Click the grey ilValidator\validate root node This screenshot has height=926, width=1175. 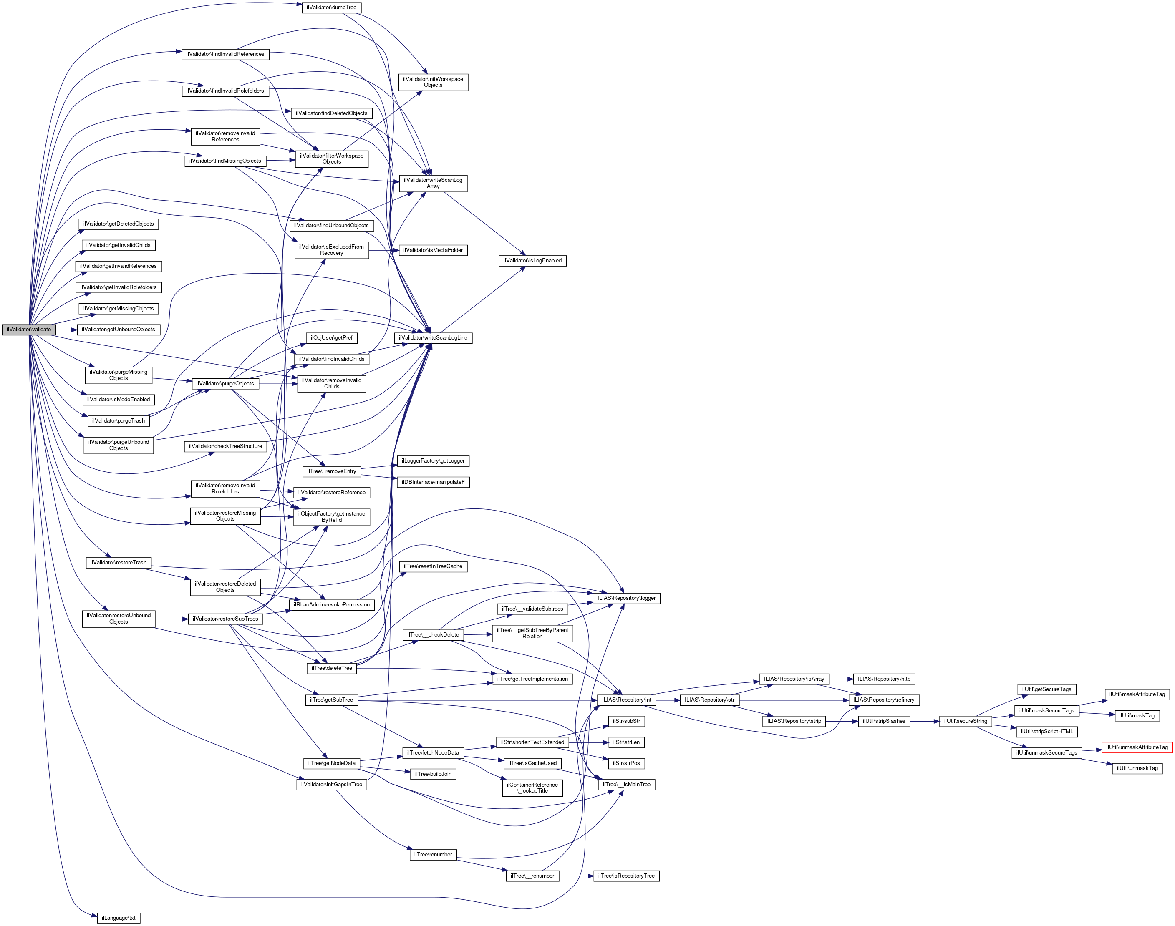point(29,330)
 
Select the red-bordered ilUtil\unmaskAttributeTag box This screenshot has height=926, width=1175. point(1137,747)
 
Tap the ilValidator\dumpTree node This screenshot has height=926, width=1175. point(331,8)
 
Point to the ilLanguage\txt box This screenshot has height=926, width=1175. point(118,918)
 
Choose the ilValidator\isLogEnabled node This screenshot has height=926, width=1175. point(532,261)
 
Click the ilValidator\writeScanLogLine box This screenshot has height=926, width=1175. point(433,338)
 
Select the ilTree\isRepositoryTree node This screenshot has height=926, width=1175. point(626,876)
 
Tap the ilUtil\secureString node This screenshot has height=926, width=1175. point(965,721)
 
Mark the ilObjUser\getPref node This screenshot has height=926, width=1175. point(331,338)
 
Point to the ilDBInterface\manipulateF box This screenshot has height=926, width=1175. point(433,482)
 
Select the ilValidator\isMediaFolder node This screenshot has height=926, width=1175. point(433,250)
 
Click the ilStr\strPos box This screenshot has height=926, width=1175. point(626,763)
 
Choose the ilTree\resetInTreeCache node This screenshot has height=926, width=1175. point(433,566)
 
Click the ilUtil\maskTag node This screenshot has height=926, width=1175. point(1137,716)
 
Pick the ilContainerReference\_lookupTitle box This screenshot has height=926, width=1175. point(532,788)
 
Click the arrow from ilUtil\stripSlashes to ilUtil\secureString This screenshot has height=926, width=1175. point(925,721)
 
